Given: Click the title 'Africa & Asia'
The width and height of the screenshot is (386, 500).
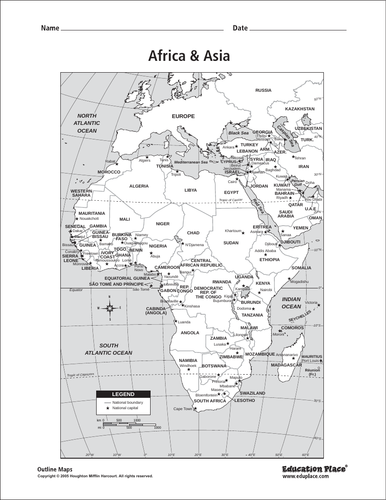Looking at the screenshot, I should tap(190, 59).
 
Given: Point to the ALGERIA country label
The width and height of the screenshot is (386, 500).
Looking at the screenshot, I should tap(139, 186).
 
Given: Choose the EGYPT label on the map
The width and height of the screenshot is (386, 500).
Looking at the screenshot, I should tap(232, 190).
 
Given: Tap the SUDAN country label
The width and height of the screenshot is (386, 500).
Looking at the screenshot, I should tap(231, 243).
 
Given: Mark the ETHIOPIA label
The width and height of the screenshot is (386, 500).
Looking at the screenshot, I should tap(269, 259).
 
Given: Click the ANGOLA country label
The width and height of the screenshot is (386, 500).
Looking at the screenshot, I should tap(191, 333).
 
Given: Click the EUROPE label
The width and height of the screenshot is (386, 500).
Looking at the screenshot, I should tap(182, 117).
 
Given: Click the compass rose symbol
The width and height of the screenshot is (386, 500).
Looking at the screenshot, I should tap(109, 308).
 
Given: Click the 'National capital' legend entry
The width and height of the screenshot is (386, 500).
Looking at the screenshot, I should tap(124, 411).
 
